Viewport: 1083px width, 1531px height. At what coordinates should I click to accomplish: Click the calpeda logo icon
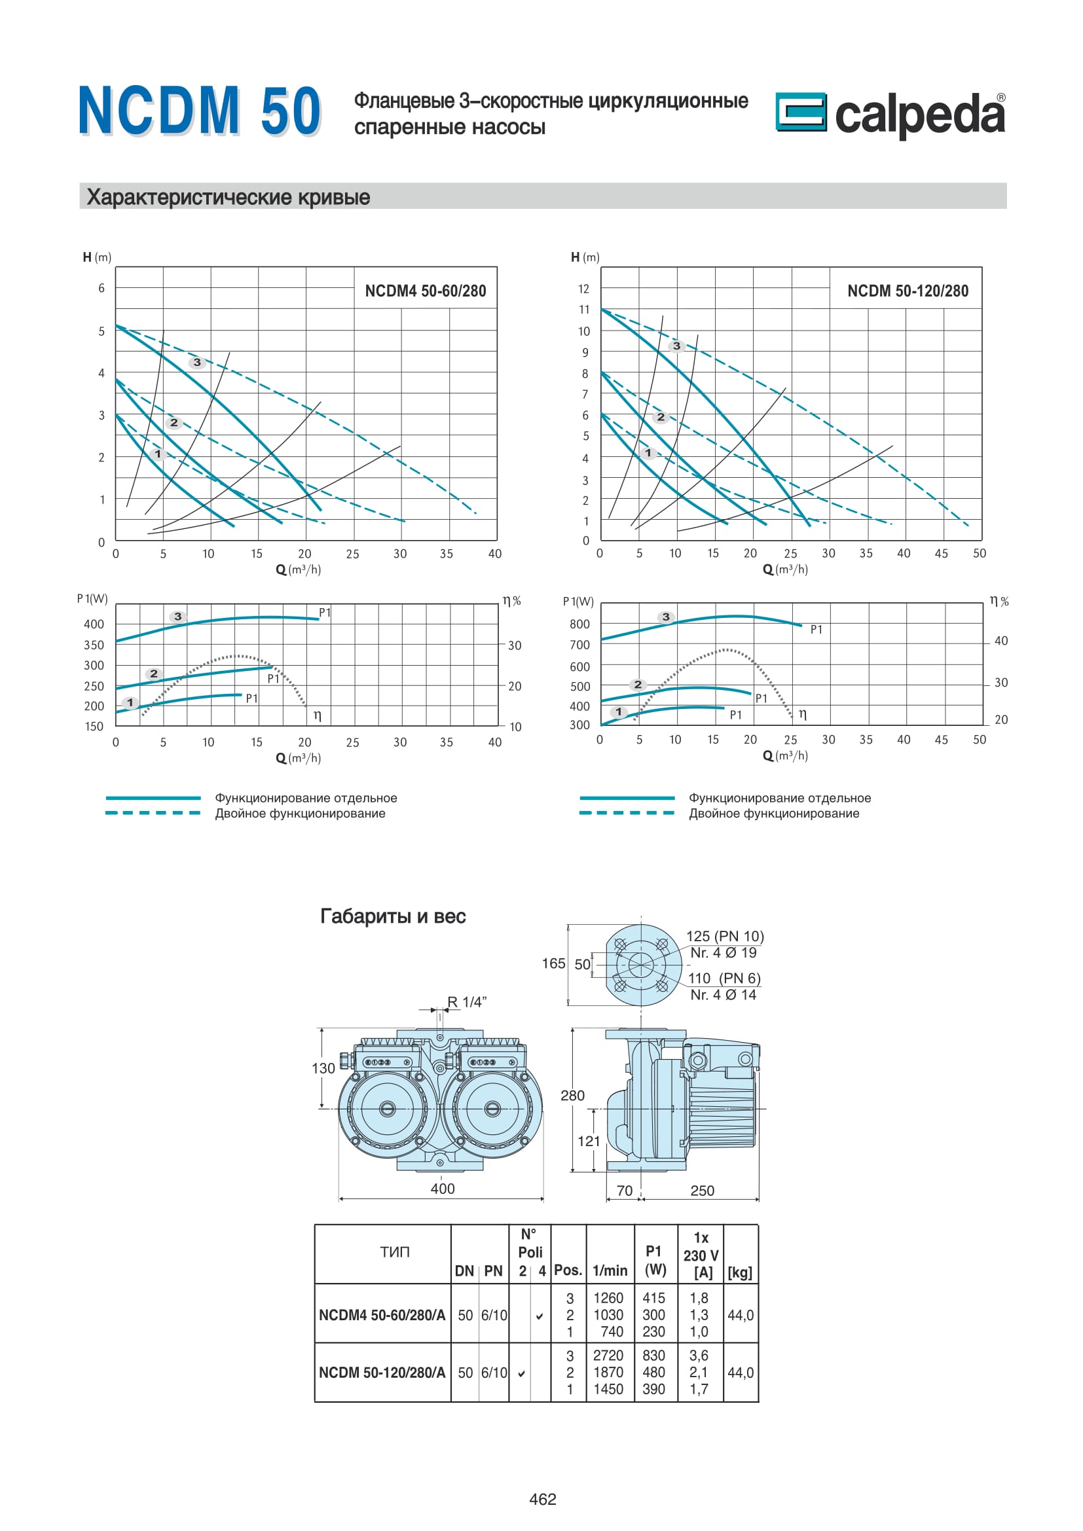[800, 111]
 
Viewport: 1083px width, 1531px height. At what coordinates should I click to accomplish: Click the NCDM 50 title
[200, 111]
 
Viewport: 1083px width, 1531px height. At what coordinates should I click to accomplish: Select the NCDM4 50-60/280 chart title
[426, 291]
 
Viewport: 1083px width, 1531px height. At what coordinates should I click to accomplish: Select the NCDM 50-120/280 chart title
[908, 291]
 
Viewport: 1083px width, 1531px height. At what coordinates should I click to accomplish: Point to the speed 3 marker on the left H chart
[196, 363]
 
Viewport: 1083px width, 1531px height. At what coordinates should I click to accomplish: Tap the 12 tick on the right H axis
[583, 289]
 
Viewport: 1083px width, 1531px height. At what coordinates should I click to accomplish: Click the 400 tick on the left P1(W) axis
[94, 624]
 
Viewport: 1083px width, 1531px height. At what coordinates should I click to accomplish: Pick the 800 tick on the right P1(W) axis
[579, 624]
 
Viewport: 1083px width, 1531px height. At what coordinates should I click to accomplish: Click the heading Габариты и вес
[393, 916]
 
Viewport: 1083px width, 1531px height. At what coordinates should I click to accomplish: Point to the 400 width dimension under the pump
[443, 1188]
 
